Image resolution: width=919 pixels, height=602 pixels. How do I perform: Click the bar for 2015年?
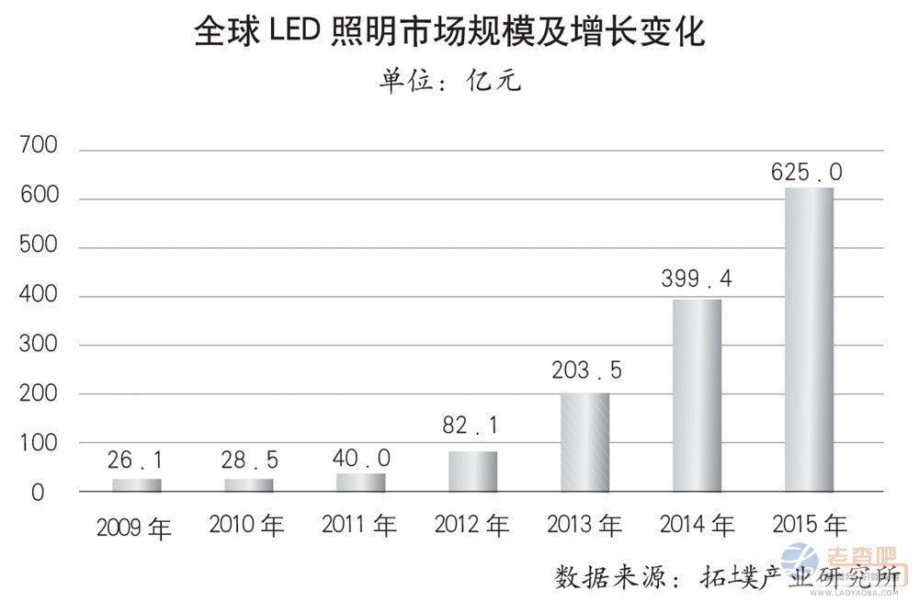click(x=809, y=339)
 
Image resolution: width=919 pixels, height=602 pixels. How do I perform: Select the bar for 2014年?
click(x=697, y=395)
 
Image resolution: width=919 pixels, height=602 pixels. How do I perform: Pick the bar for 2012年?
click(x=472, y=471)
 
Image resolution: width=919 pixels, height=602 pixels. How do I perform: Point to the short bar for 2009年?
click(x=136, y=484)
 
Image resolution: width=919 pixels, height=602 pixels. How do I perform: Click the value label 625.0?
click(x=808, y=172)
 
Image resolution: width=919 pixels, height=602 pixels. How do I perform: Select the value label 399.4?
click(x=697, y=279)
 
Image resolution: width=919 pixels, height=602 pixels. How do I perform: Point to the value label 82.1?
click(x=472, y=427)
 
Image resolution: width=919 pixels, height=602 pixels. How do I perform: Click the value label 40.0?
click(x=360, y=459)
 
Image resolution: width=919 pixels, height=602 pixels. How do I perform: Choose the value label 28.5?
click(x=248, y=460)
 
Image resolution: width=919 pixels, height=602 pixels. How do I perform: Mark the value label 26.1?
click(x=136, y=460)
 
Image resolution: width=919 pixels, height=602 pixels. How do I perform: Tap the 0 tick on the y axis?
click(x=38, y=493)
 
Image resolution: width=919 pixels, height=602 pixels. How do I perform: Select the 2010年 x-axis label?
click(x=247, y=526)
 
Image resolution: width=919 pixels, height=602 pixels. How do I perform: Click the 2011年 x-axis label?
click(x=359, y=526)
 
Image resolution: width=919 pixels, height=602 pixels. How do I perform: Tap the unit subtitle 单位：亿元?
click(x=450, y=81)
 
